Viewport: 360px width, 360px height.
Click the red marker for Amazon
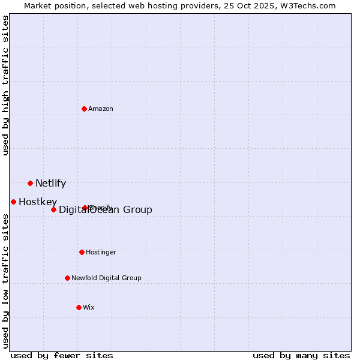(x=85, y=109)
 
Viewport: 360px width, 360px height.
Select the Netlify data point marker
(x=30, y=183)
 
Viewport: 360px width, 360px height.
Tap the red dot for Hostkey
(x=13, y=202)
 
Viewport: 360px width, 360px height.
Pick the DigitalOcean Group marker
(x=53, y=209)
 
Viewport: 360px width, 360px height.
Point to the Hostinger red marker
(x=82, y=252)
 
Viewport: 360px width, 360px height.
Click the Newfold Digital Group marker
(x=67, y=278)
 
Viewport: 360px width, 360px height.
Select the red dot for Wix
(x=79, y=307)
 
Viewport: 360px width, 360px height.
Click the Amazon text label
(x=101, y=109)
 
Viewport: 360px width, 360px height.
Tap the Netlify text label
(x=50, y=184)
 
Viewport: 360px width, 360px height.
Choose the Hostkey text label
(x=38, y=202)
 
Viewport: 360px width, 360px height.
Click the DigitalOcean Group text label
(x=106, y=209)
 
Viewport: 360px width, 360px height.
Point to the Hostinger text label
(x=101, y=252)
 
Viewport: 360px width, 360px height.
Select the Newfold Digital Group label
(x=106, y=278)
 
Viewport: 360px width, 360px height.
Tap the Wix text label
(x=89, y=307)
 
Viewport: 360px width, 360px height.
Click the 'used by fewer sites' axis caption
(x=62, y=355)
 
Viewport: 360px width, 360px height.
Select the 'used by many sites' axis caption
(x=301, y=355)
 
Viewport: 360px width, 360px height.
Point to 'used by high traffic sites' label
(x=5, y=85)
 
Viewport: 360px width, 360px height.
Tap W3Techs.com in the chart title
(x=307, y=5)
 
